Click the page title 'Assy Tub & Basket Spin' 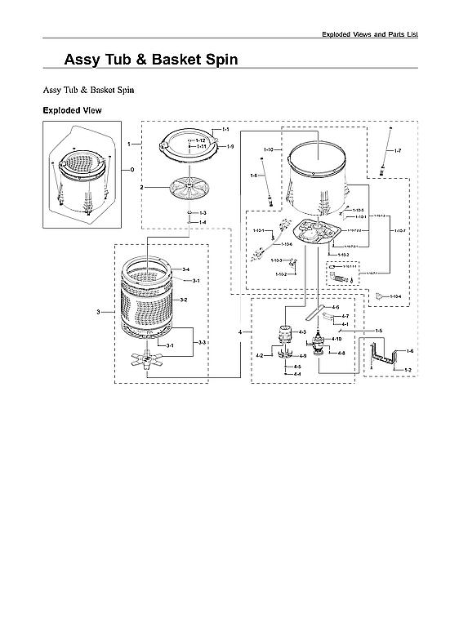151,60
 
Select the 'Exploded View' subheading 72,109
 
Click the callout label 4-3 302,332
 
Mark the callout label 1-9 230,146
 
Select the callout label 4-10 336,338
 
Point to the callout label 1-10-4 395,296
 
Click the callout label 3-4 185,269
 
